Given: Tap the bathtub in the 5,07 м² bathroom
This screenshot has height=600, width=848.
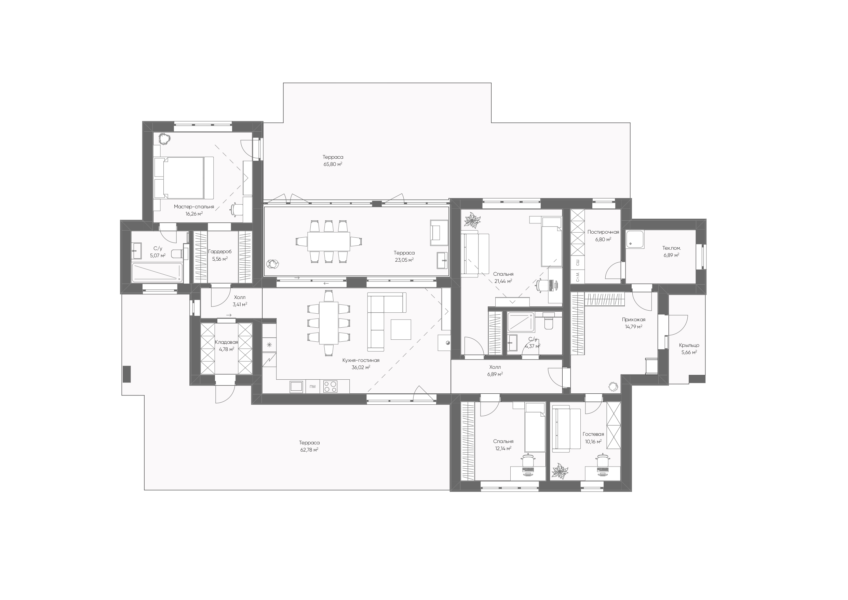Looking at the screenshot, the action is click(157, 273).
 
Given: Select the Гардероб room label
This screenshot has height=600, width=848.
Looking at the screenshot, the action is click(220, 252).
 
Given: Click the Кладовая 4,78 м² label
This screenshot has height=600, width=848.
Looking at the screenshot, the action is click(226, 345).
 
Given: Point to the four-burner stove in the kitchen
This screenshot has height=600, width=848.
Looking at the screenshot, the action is click(330, 386).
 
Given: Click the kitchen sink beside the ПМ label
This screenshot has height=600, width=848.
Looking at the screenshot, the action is click(297, 386).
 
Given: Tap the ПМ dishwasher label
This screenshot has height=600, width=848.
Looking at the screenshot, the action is click(313, 387).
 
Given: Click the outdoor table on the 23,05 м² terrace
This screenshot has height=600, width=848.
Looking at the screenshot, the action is click(329, 242).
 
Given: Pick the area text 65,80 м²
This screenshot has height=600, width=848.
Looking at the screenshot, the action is click(333, 164).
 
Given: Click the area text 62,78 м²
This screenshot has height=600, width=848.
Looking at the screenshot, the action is click(309, 450).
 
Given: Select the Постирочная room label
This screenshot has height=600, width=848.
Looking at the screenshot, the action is click(603, 232).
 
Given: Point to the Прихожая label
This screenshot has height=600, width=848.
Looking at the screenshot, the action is click(633, 319).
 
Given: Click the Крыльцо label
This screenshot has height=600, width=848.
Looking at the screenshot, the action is click(689, 345).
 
